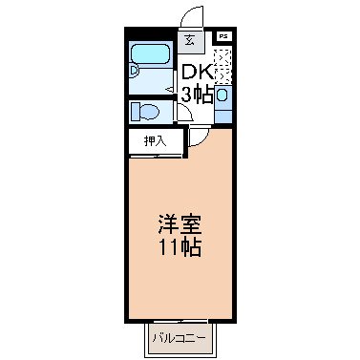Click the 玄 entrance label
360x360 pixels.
click(x=190, y=40)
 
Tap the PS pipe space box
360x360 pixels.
click(x=223, y=36)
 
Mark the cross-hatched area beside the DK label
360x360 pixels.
click(x=222, y=67)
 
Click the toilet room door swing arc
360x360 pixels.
click(x=185, y=112)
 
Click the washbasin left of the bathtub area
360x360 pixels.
click(x=135, y=69)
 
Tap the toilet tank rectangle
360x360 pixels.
click(x=135, y=111)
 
